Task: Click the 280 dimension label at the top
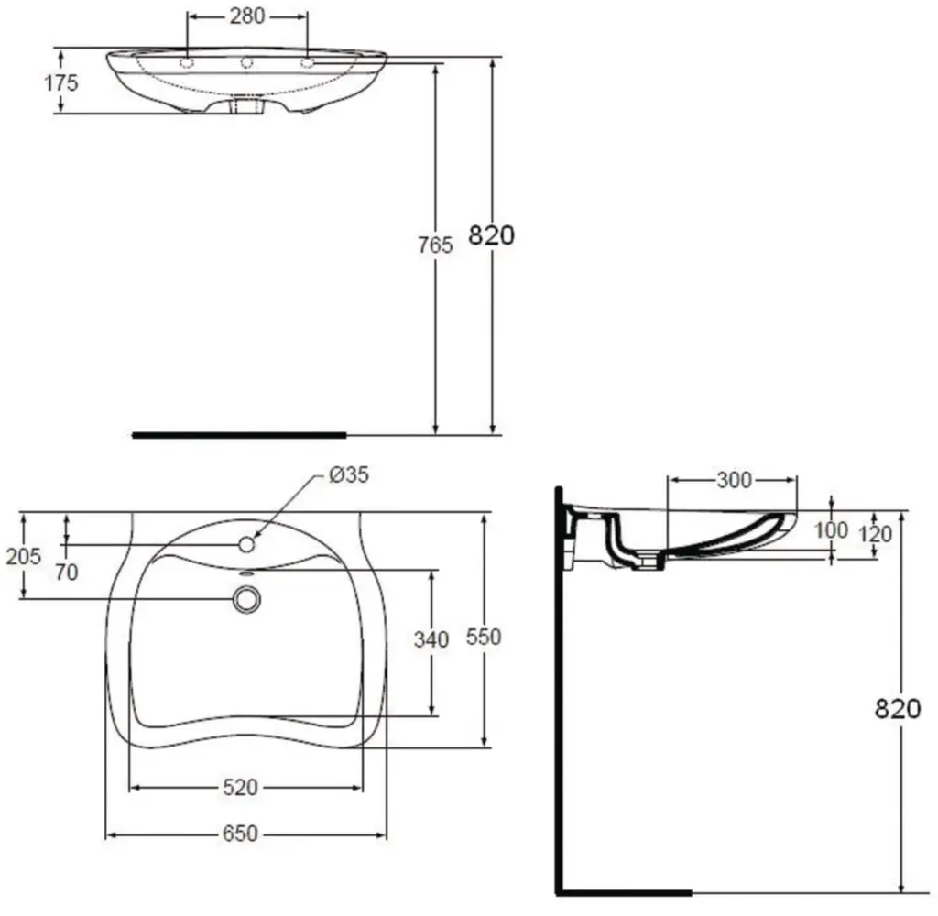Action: tap(246, 16)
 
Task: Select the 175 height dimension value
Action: tap(61, 83)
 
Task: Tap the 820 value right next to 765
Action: tap(492, 235)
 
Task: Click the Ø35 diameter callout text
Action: tap(347, 475)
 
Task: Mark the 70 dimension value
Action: tap(66, 572)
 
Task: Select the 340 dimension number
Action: tap(431, 639)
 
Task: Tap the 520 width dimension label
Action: tap(245, 787)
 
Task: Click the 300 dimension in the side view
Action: tap(733, 480)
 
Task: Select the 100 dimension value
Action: tap(832, 530)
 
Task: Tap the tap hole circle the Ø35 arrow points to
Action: tap(245, 544)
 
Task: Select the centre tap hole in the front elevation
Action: tap(246, 63)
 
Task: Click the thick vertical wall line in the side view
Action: tap(559, 687)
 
